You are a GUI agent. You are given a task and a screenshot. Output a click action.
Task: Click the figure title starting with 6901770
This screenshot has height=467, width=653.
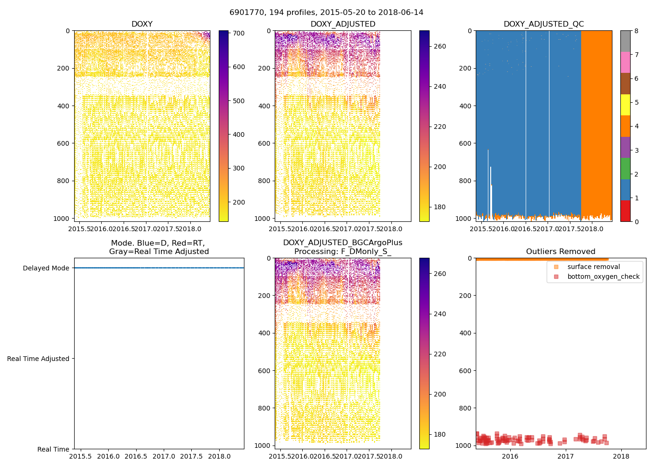(x=326, y=13)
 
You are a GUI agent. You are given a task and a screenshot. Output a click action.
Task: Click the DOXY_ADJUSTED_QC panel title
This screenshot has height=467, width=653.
(x=543, y=24)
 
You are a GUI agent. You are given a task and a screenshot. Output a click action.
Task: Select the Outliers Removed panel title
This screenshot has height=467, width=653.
(x=561, y=252)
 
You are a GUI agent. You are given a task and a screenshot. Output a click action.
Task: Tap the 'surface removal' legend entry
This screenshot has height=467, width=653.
(x=593, y=267)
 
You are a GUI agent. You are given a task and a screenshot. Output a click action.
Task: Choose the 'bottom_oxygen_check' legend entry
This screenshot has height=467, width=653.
(x=603, y=276)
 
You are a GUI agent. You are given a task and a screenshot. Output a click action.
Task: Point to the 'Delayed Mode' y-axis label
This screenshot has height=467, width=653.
(x=46, y=268)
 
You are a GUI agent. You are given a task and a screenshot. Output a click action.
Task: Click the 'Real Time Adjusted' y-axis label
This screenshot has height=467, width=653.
(x=38, y=359)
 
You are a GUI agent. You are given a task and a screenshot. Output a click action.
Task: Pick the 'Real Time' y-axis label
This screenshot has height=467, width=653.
(x=53, y=449)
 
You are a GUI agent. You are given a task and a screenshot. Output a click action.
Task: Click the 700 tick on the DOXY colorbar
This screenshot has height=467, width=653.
(x=239, y=33)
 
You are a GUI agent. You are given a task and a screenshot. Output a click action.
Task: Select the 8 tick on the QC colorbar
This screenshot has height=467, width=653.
(x=636, y=31)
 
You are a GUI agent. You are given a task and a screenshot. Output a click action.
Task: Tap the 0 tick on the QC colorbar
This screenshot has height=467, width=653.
(x=636, y=221)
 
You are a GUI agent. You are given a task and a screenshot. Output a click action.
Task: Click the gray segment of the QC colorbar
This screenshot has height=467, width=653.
(x=625, y=41)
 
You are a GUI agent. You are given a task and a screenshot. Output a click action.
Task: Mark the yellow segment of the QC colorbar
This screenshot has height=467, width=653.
(x=625, y=105)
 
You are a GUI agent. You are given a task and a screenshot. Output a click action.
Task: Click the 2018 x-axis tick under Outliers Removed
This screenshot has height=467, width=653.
(x=621, y=456)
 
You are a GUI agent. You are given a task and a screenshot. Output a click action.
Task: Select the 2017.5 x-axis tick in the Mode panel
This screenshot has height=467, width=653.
(x=192, y=456)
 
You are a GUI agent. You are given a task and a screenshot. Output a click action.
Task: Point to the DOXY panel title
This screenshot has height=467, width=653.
(x=142, y=24)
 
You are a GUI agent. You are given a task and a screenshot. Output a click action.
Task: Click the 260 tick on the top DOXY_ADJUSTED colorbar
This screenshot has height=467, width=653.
(x=439, y=46)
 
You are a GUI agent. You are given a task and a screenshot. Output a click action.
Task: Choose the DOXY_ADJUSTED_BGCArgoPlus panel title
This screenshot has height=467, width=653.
(x=342, y=247)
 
